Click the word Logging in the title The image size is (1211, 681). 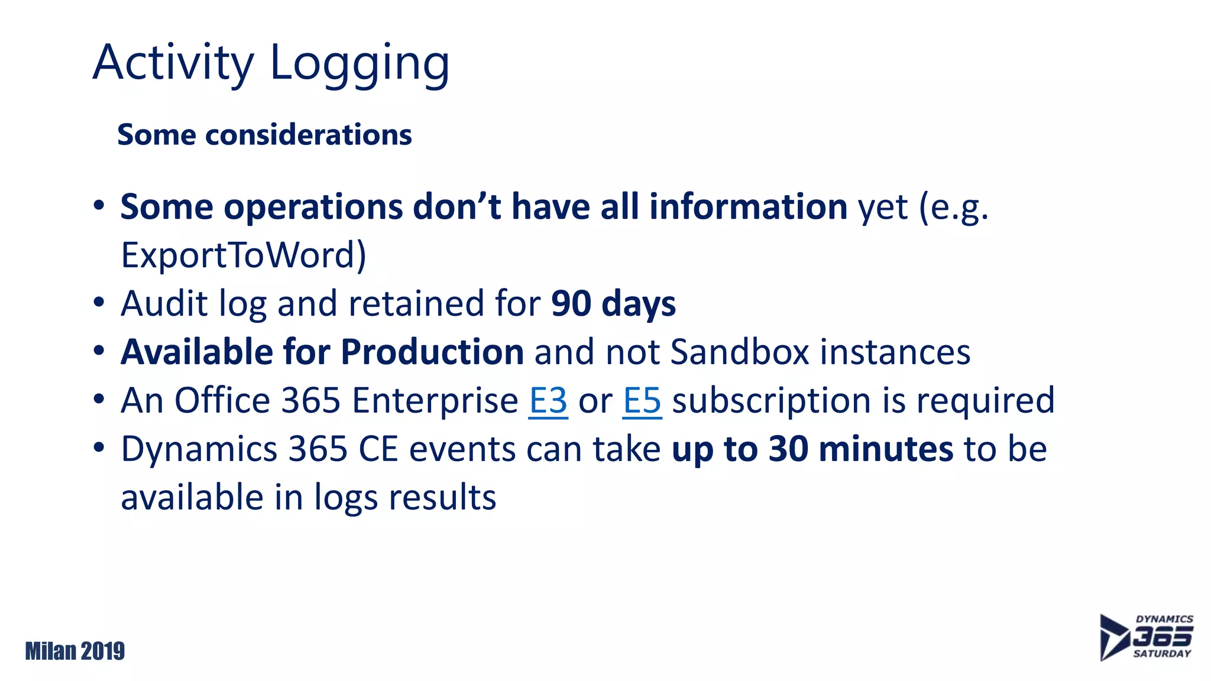(360, 64)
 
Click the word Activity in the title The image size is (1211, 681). (173, 64)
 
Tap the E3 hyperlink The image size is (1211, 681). (548, 401)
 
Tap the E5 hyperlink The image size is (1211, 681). (642, 401)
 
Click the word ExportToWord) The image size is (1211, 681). (243, 255)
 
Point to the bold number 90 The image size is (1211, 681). (571, 304)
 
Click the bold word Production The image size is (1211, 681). (432, 352)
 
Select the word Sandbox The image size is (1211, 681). (739, 352)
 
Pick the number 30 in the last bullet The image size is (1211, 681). (788, 449)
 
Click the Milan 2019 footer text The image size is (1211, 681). (75, 651)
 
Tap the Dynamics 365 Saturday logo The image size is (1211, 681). (1146, 637)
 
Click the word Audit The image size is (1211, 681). (164, 304)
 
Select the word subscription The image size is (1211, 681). (772, 401)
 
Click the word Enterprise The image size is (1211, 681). (435, 401)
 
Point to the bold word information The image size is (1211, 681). (748, 207)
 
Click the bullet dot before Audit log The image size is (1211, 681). (99, 303)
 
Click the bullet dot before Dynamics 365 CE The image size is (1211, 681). (99, 448)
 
